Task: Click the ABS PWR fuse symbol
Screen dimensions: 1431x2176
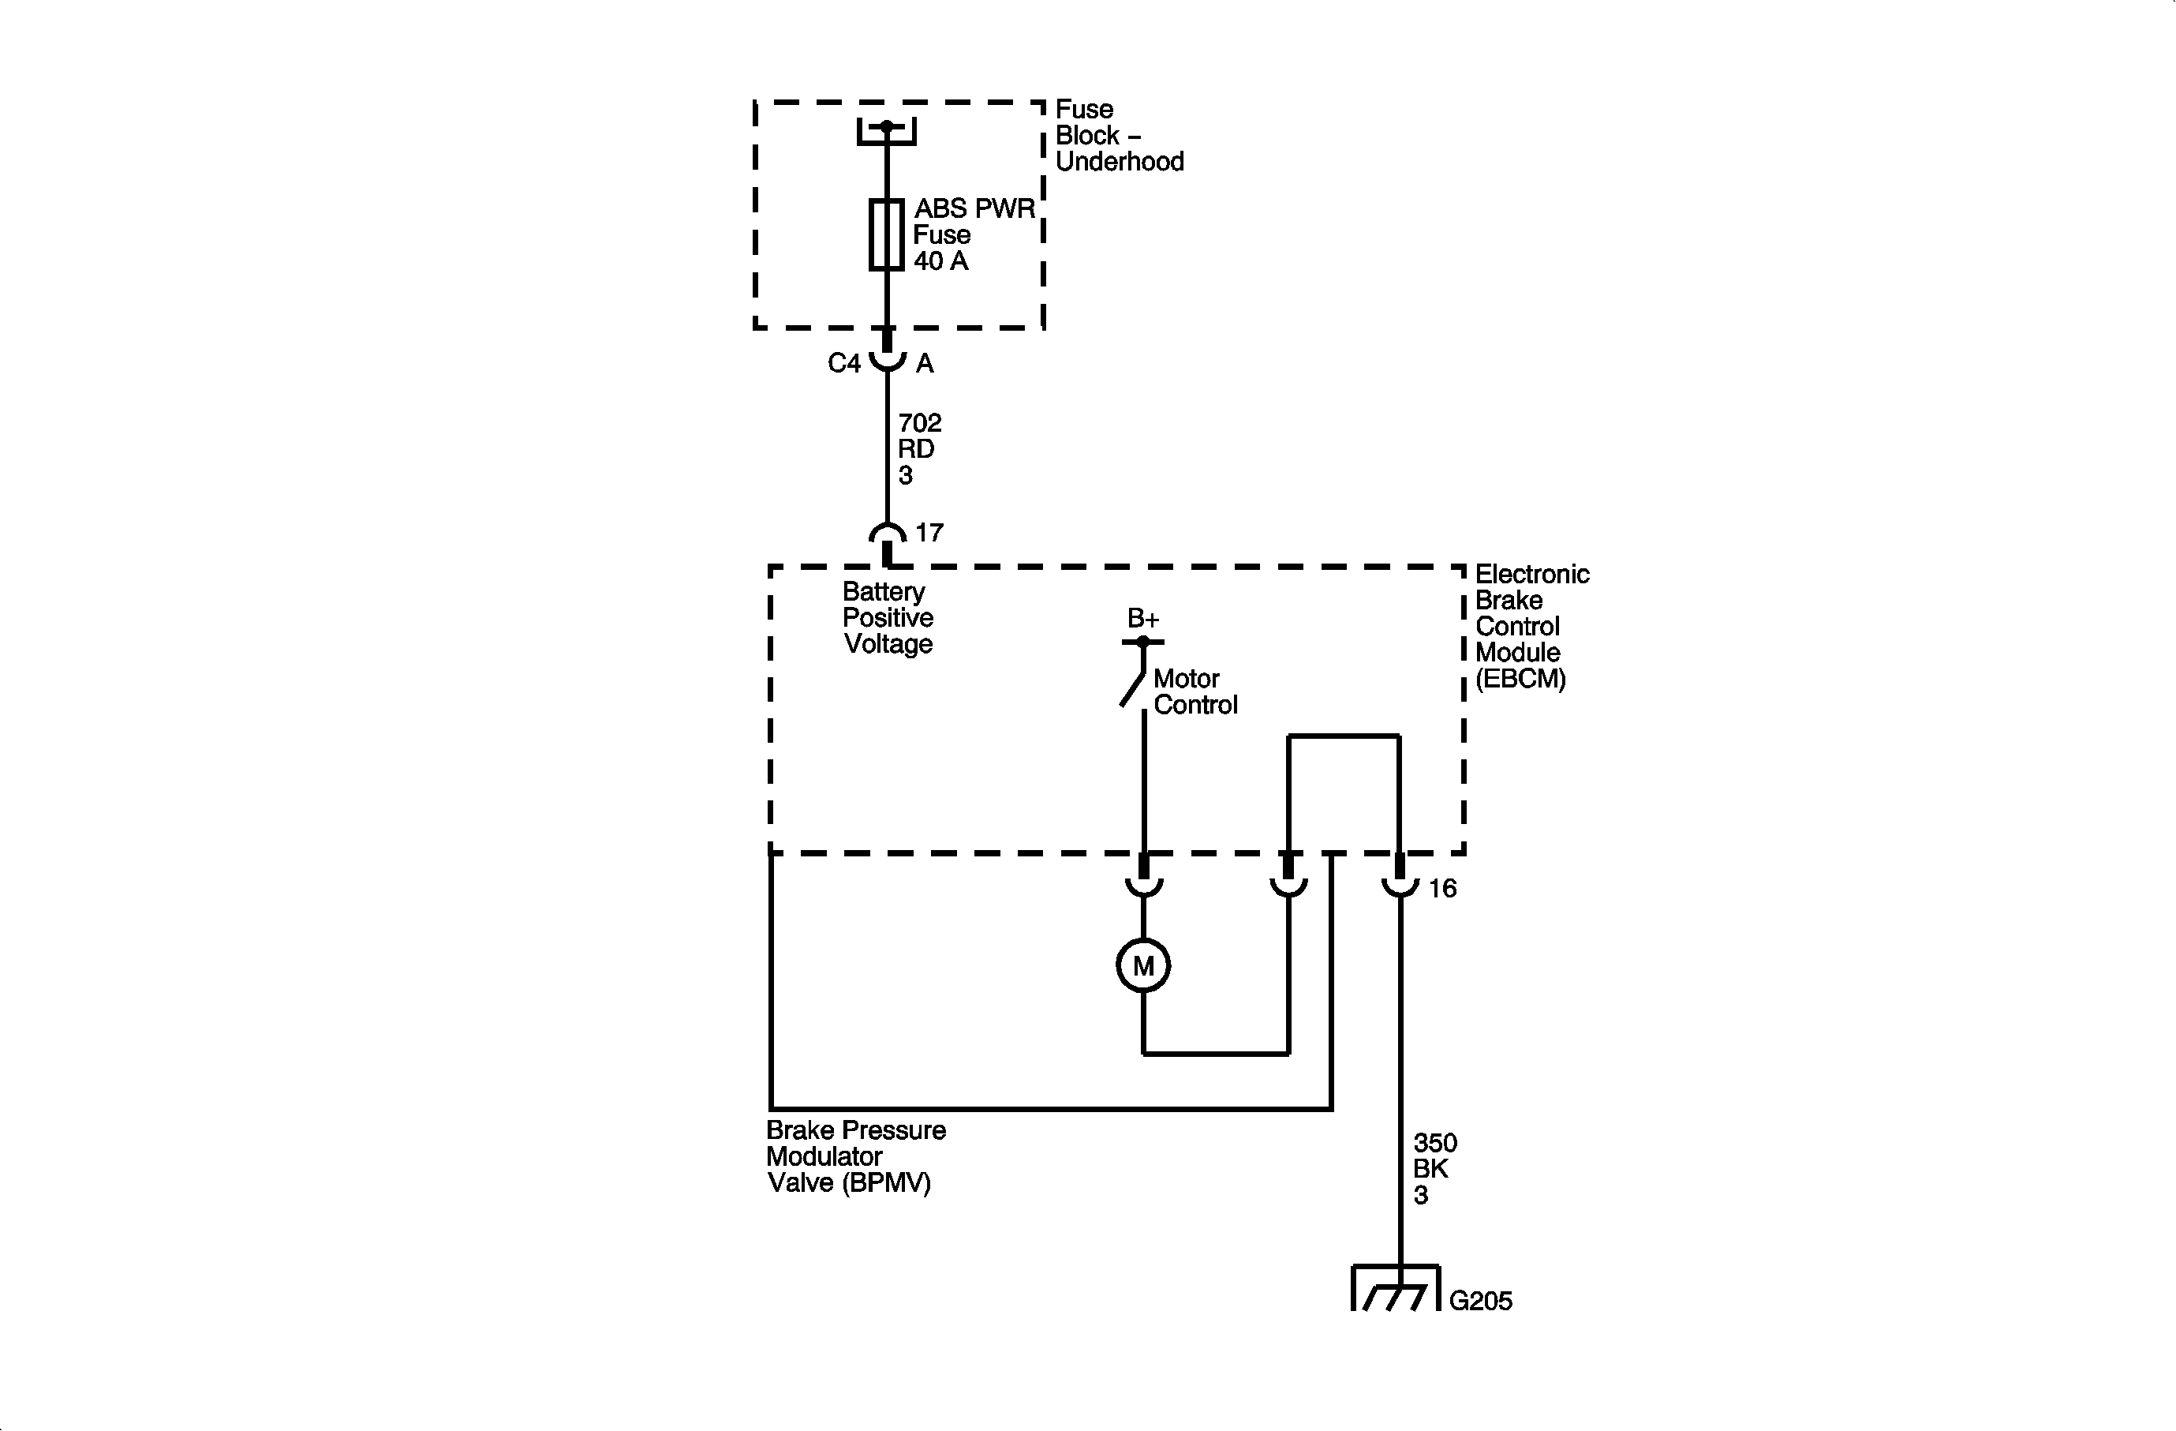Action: [x=886, y=234]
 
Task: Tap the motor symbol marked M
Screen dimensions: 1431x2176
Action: [x=1143, y=965]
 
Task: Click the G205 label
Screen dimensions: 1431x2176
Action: [x=1480, y=1300]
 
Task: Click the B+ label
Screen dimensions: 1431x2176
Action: [x=1143, y=618]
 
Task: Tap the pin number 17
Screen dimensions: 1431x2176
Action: [x=929, y=532]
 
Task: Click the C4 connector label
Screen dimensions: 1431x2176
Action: [x=844, y=364]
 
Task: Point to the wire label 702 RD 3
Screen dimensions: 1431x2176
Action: [x=919, y=449]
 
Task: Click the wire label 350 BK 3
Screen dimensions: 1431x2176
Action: [x=1434, y=1169]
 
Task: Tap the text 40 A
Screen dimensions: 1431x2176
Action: [x=940, y=261]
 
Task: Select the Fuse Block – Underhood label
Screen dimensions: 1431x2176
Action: [x=1119, y=135]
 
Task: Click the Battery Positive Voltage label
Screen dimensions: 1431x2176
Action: [x=887, y=618]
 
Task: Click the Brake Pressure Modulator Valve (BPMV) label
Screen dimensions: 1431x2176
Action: [x=856, y=1156]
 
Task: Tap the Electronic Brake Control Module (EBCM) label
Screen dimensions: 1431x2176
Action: [x=1531, y=627]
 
